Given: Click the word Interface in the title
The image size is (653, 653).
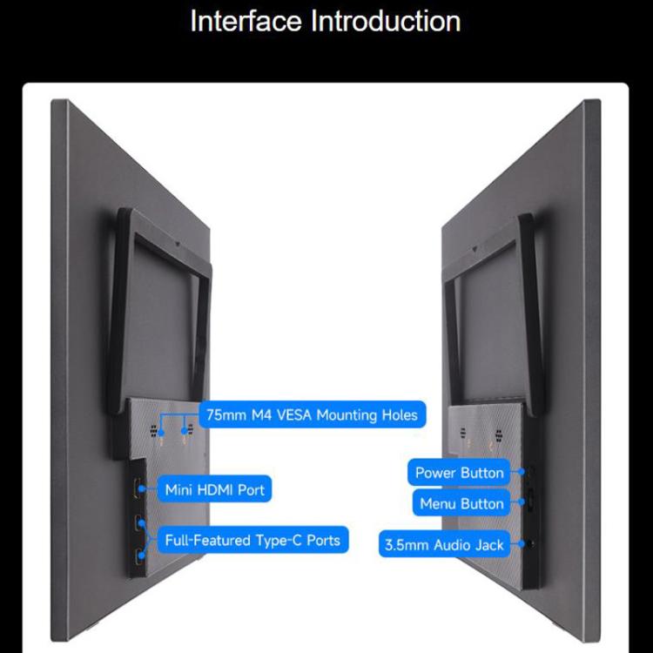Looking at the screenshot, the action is coord(246,21).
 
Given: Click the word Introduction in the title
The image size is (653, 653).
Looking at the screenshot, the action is coord(386,21).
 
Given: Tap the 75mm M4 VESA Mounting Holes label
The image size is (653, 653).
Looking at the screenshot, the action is coord(313,414).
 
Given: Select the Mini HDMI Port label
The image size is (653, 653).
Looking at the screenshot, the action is coord(214,489).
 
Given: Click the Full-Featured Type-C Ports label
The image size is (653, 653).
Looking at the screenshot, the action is coord(252,540).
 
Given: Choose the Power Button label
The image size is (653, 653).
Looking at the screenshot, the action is coord(459,473).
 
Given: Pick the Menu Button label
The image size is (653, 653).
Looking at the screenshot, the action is coord(461,503).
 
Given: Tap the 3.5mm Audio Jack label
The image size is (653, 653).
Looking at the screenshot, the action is coord(444,545).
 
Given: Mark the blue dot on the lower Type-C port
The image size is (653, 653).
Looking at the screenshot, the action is coord(142,555).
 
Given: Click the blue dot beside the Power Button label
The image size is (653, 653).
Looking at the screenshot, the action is coord(521,472).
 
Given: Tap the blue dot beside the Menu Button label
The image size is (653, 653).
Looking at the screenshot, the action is coord(521,502).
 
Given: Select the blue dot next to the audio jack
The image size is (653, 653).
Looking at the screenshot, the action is coord(521,544).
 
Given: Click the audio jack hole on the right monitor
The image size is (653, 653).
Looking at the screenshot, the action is coord(530,543).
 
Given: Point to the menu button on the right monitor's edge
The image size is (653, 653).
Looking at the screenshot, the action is coord(531,500).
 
